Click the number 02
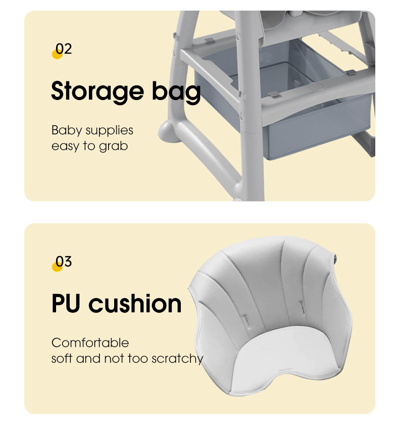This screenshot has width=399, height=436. (64, 49)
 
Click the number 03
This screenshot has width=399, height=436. (64, 261)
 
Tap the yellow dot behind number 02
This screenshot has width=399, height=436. (57, 54)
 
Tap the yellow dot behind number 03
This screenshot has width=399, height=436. (57, 267)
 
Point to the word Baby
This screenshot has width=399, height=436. (67, 130)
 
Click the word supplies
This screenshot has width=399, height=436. (109, 131)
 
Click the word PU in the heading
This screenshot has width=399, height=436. (66, 303)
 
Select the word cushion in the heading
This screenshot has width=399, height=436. (135, 303)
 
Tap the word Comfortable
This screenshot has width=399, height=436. (90, 343)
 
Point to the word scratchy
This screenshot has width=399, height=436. (177, 359)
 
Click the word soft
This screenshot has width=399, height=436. (62, 358)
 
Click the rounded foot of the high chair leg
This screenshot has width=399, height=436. (168, 131)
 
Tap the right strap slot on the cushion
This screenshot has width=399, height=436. (302, 306)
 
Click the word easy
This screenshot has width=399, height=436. (66, 147)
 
